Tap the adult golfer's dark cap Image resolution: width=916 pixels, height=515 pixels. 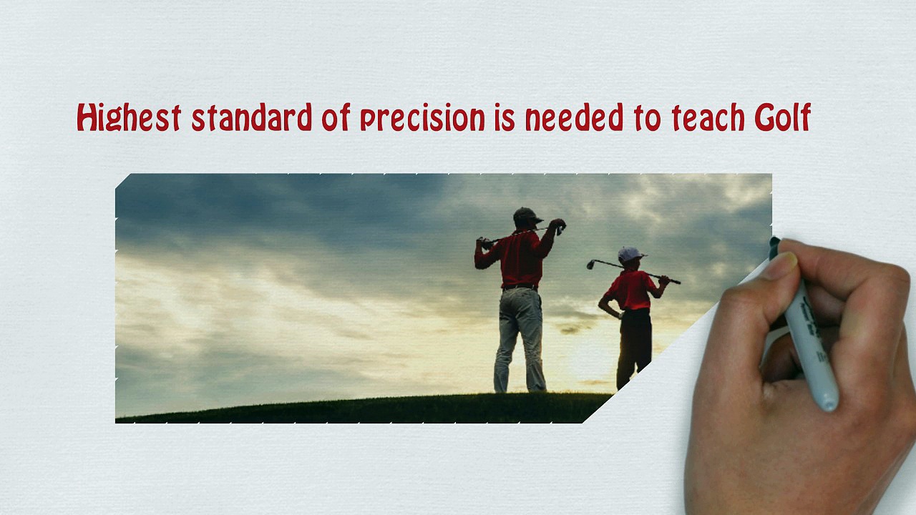(527, 215)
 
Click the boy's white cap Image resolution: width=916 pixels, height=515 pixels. (630, 254)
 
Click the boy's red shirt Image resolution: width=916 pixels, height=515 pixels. (630, 290)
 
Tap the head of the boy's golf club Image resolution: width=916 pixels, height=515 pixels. (590, 265)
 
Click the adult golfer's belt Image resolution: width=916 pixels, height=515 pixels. (520, 287)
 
